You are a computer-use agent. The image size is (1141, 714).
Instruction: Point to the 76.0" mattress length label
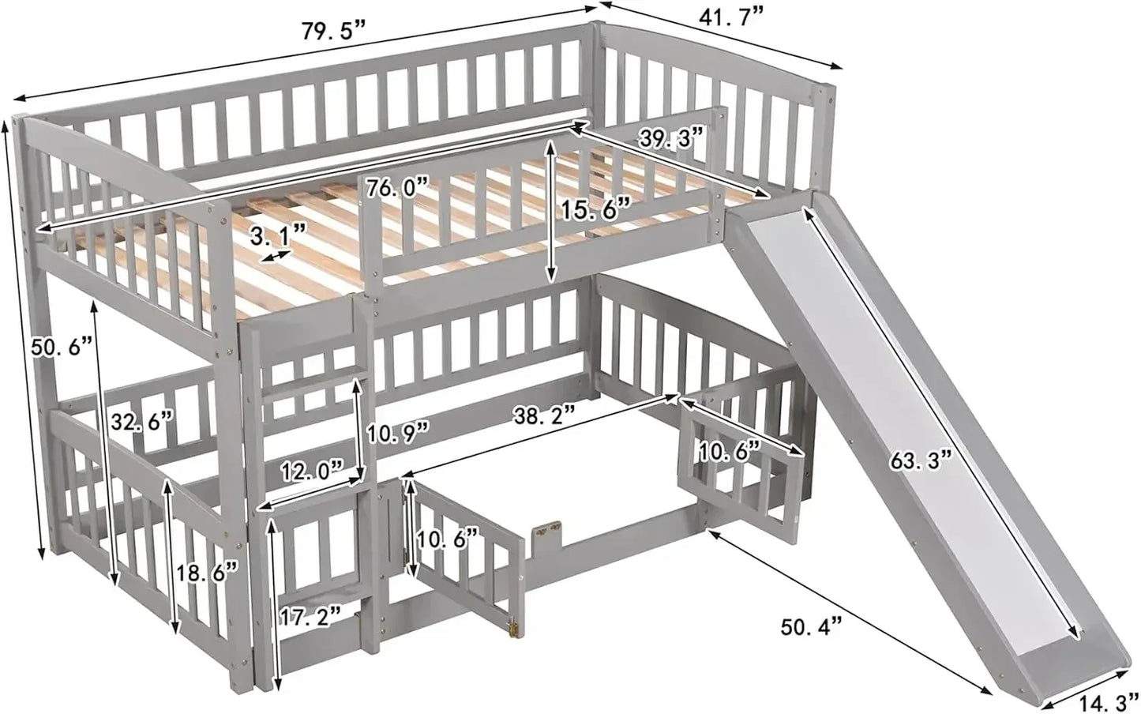coord(399,189)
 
